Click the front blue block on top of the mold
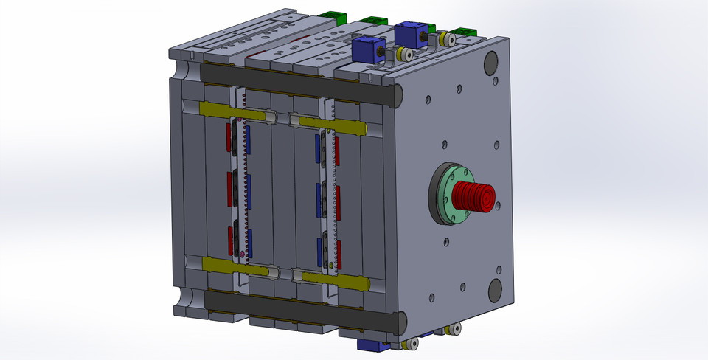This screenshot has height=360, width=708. [367, 49]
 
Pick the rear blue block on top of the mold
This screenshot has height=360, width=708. [409, 34]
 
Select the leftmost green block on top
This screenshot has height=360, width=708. [336, 16]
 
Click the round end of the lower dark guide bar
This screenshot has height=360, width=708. [400, 321]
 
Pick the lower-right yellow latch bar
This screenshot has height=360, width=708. [332, 279]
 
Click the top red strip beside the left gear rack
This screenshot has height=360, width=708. [229, 135]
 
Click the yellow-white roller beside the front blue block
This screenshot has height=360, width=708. [403, 55]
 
